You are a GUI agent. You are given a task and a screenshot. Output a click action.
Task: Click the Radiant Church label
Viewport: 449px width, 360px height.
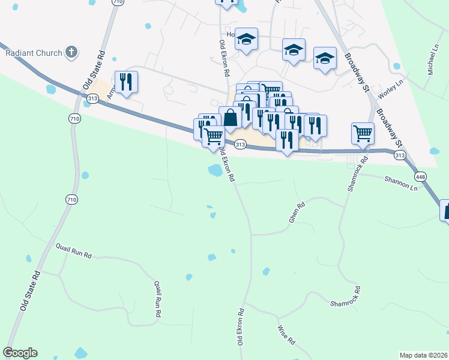(x=34, y=53)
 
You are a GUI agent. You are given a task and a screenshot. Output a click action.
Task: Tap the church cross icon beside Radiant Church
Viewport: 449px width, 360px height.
(x=71, y=52)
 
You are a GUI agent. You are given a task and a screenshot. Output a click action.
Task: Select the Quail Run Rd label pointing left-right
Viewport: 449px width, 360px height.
(x=74, y=250)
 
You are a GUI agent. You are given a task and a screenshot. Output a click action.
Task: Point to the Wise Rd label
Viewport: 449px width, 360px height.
(x=286, y=334)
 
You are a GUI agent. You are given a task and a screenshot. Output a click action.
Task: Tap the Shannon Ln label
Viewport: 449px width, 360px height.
(x=400, y=183)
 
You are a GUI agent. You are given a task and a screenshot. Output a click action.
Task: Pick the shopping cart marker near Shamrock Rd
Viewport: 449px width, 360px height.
(x=363, y=133)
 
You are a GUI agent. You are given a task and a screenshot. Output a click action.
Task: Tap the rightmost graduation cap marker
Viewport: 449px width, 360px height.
(x=325, y=58)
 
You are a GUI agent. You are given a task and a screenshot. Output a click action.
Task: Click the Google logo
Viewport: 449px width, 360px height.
(x=20, y=353)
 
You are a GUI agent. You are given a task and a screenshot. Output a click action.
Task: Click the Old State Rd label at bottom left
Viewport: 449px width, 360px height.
(x=30, y=290)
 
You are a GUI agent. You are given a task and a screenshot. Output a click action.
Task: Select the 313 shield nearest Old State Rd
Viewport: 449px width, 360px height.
(x=92, y=97)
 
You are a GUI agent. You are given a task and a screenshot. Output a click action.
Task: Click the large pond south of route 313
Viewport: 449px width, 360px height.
(x=215, y=170)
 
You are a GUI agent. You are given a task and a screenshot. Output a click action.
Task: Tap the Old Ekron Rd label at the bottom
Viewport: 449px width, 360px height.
(x=241, y=326)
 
